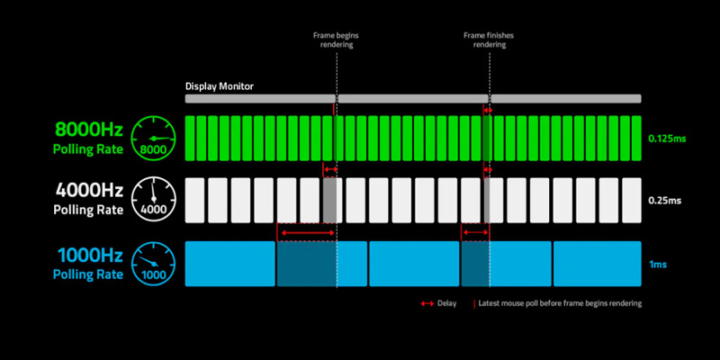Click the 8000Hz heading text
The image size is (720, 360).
[87, 130]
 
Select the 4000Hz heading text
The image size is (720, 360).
[87, 192]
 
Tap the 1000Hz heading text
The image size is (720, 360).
[87, 256]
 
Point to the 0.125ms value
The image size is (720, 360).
[667, 139]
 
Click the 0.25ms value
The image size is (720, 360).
[663, 201]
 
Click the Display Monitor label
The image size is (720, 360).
[220, 86]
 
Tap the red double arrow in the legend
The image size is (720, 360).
[427, 304]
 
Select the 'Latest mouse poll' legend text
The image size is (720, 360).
[560, 303]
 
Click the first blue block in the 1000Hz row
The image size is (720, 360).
[229, 264]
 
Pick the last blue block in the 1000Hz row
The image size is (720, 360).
[597, 264]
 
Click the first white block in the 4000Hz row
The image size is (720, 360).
[194, 200]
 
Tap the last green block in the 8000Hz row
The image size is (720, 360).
[635, 139]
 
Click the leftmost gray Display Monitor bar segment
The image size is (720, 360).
[259, 98]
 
